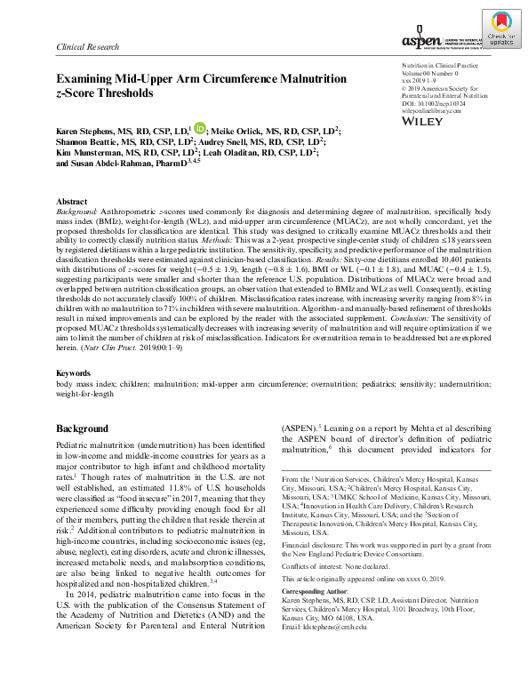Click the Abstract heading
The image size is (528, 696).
[x=72, y=202]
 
